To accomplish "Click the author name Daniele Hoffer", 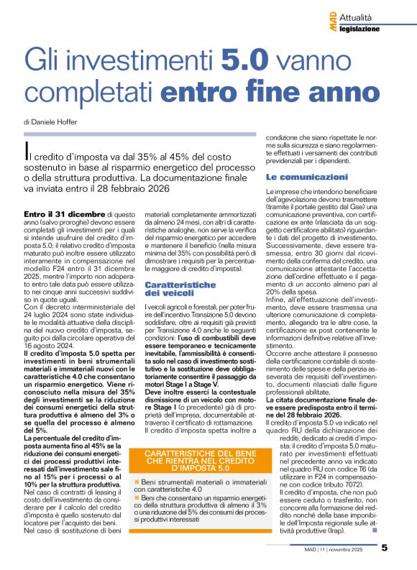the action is click(x=55, y=121).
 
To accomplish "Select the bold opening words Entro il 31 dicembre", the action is click(x=64, y=214).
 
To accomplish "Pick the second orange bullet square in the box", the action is click(x=137, y=497).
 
